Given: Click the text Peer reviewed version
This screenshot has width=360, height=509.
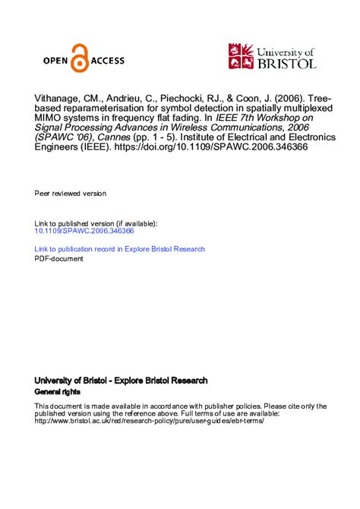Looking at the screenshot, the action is (71, 194).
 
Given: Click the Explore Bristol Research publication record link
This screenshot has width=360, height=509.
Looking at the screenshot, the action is (120, 249).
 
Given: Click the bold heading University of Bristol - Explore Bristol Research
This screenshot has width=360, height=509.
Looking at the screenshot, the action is (121, 380).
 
